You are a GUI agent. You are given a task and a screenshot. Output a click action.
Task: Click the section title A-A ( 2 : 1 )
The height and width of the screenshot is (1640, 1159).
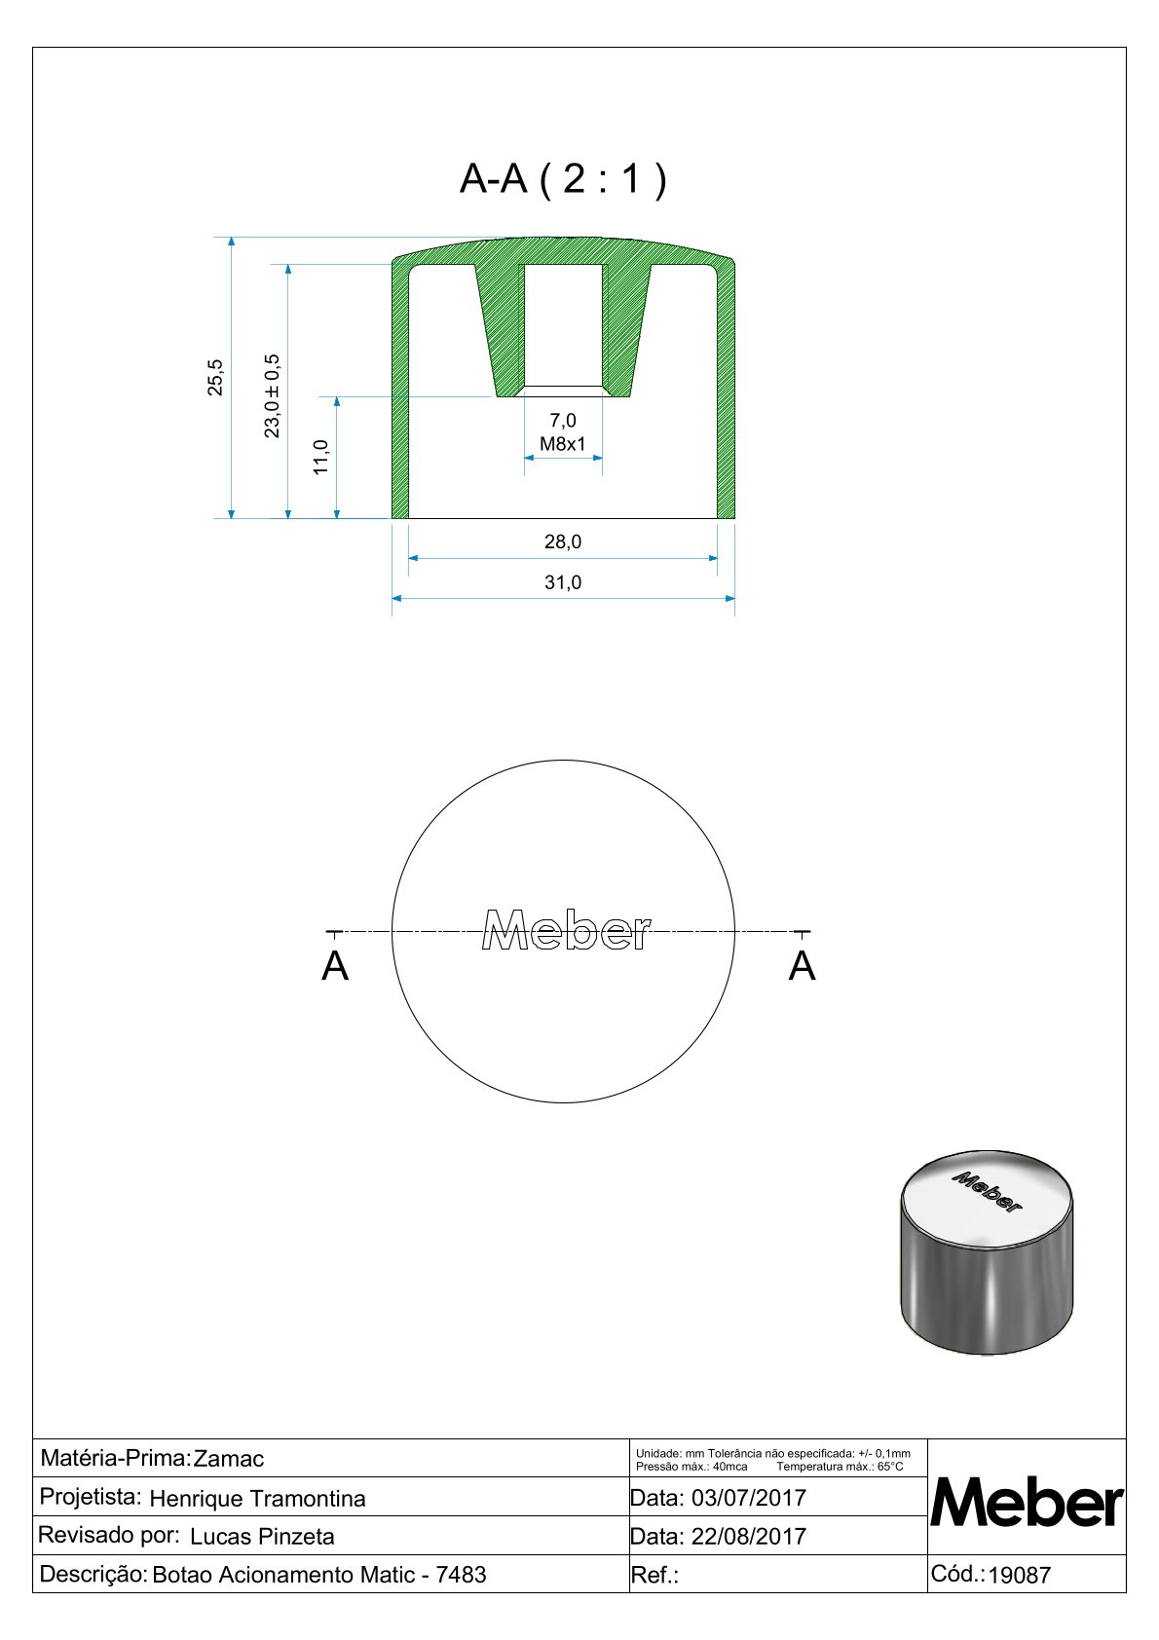click(563, 178)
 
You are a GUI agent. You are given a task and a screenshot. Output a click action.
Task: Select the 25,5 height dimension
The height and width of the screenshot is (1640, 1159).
click(214, 378)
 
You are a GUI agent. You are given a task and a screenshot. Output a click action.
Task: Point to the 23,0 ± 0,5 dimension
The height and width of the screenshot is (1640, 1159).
click(272, 396)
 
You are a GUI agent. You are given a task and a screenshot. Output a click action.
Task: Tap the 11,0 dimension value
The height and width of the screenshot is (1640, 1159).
click(320, 458)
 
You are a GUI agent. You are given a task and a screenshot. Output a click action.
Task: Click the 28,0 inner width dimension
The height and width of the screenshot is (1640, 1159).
click(563, 541)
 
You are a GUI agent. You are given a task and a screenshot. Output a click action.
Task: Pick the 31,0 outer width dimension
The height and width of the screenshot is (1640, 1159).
click(563, 582)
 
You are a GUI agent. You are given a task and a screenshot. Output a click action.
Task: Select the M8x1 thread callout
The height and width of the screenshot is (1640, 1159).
click(563, 444)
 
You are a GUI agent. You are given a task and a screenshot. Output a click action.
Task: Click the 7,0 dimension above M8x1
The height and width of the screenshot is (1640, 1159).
click(563, 421)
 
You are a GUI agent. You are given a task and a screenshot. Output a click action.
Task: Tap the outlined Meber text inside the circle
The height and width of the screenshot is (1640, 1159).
click(566, 930)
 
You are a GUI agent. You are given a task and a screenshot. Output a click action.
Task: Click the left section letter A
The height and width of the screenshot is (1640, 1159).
click(335, 966)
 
